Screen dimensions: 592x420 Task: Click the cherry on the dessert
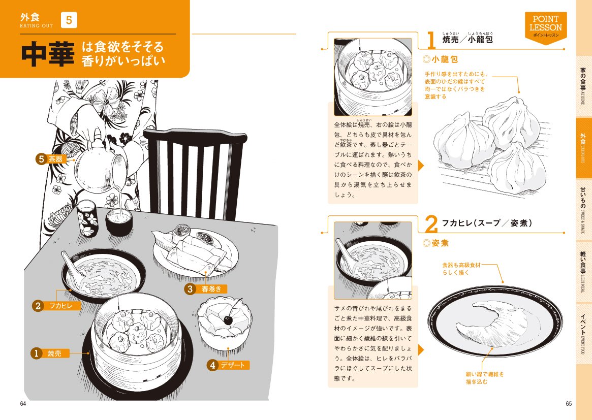click(x=228, y=320)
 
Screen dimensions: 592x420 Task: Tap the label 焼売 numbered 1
click(x=50, y=353)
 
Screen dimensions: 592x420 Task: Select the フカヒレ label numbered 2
click(x=56, y=306)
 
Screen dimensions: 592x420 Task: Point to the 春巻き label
click(x=206, y=289)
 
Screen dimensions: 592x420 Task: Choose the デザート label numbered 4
click(x=228, y=365)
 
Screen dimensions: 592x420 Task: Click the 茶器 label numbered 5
click(x=51, y=159)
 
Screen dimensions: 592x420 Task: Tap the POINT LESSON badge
click(x=546, y=27)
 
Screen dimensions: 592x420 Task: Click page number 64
click(x=23, y=403)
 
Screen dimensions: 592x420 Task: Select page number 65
click(x=569, y=403)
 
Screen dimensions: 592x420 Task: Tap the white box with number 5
click(x=69, y=20)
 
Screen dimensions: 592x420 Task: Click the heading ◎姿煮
click(x=435, y=243)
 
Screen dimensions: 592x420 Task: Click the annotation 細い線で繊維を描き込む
click(x=485, y=378)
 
